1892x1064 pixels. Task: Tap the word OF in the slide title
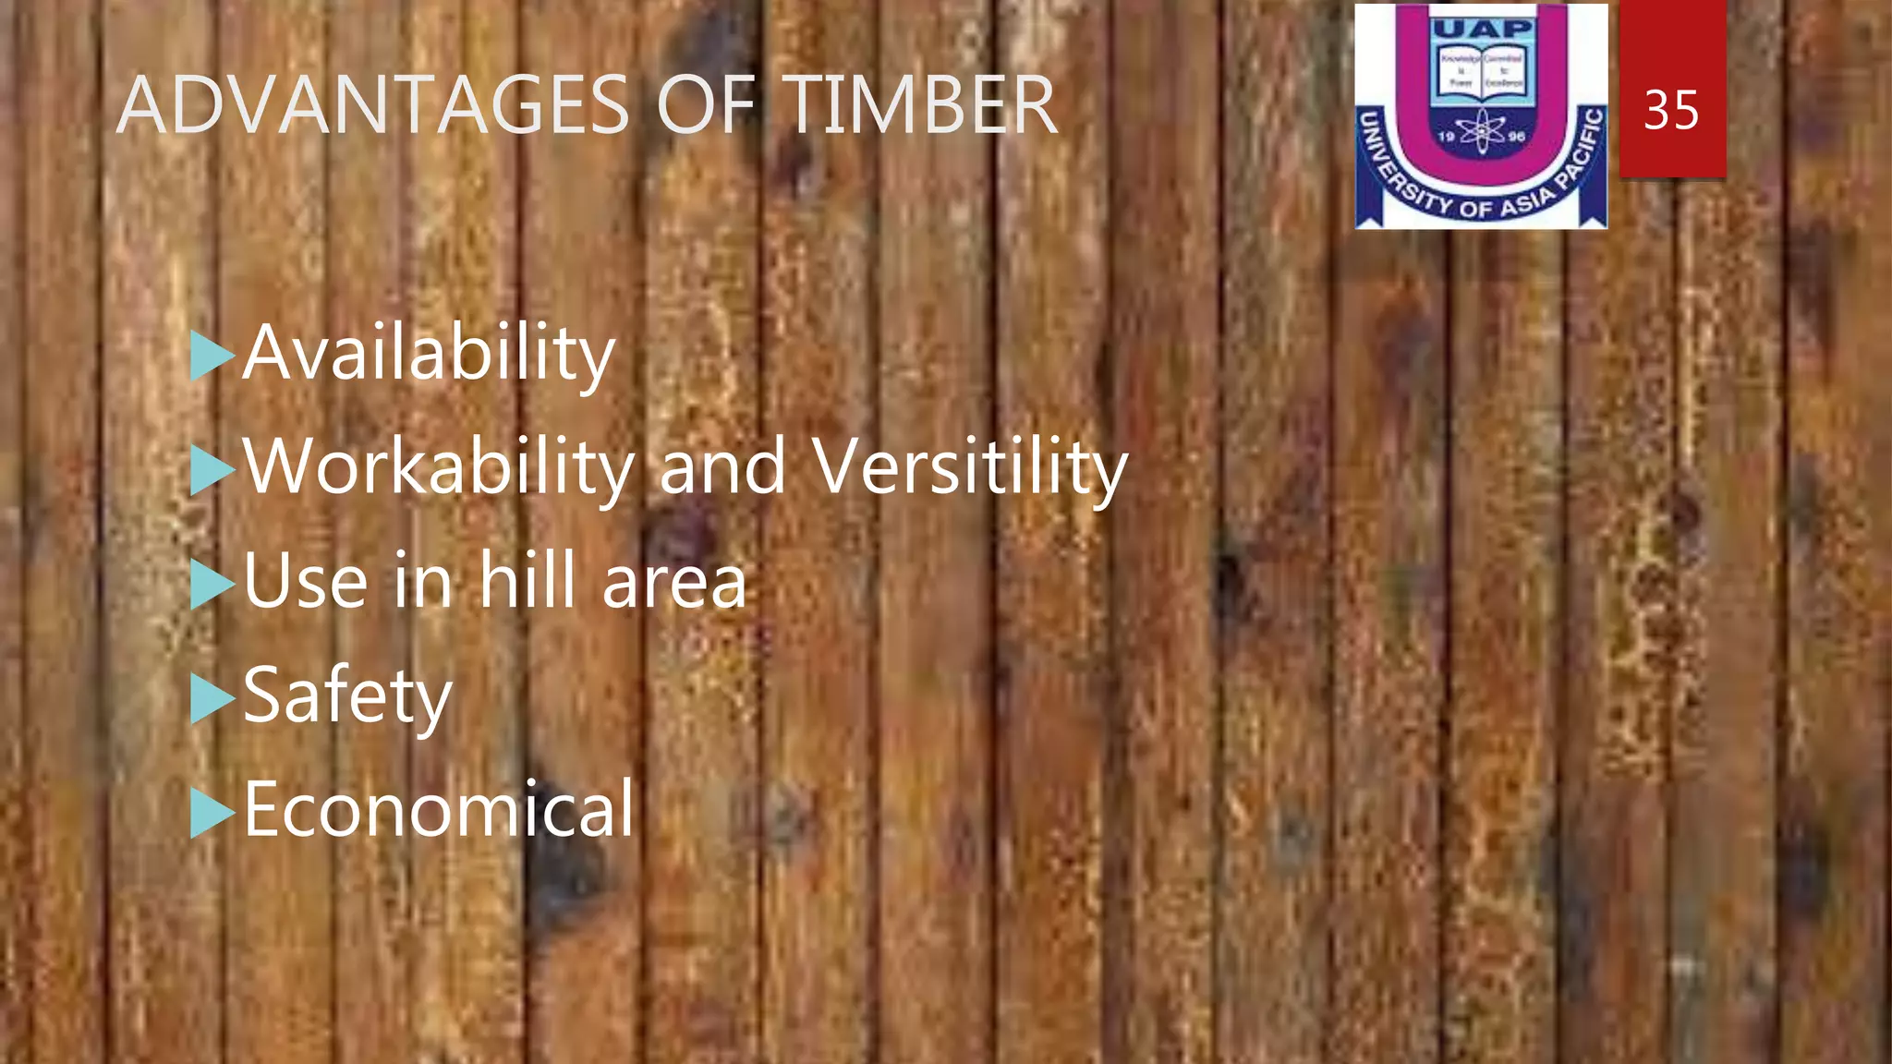click(x=705, y=105)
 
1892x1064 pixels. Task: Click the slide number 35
click(x=1671, y=111)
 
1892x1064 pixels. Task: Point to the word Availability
click(x=429, y=354)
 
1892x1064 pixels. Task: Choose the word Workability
click(x=438, y=467)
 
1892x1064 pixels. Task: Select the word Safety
click(x=347, y=696)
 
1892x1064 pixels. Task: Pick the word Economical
click(x=439, y=809)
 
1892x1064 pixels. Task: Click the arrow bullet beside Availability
click(x=212, y=357)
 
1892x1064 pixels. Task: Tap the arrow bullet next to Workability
click(x=212, y=471)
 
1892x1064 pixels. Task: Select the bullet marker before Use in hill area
click(x=212, y=585)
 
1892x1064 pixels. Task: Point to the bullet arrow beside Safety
click(x=212, y=699)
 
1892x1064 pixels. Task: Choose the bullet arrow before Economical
click(x=212, y=813)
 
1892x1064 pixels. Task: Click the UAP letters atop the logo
click(x=1482, y=29)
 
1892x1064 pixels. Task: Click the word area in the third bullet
click(x=673, y=583)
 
